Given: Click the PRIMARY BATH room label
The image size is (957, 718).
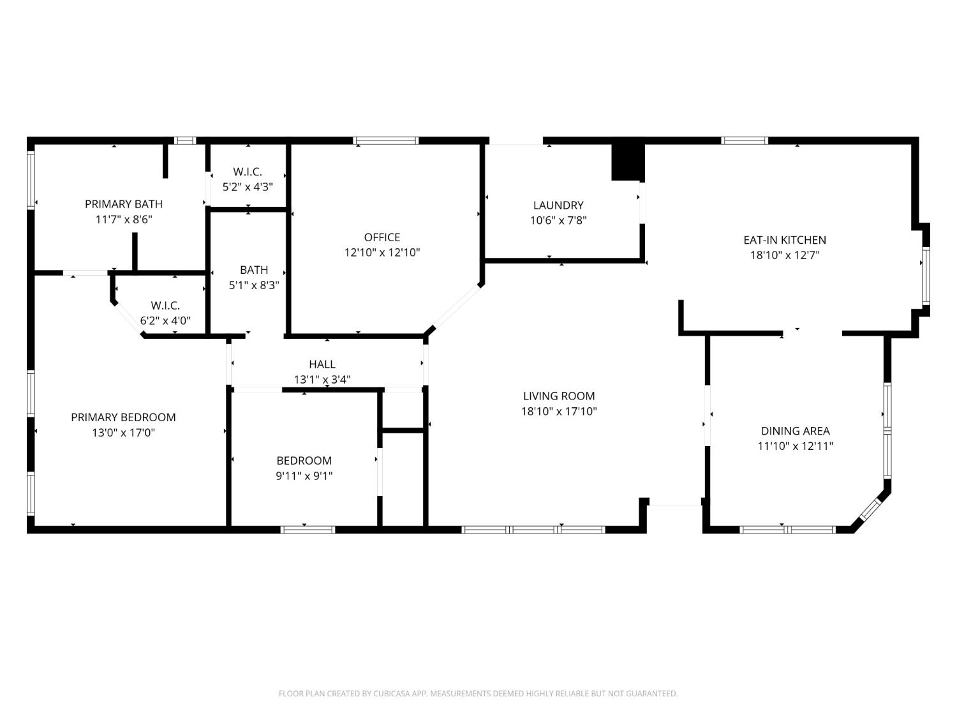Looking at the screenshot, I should tap(124, 204).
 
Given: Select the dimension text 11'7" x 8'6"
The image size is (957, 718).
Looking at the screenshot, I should tap(124, 220).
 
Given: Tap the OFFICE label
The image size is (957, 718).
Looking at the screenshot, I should tap(382, 237).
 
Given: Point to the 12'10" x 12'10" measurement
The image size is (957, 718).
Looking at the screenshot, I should tap(382, 253).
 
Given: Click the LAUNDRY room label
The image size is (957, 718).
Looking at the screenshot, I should tap(558, 206).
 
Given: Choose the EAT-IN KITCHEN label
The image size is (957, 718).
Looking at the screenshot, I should tap(785, 241).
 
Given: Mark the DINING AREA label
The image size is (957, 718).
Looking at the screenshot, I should tap(795, 431).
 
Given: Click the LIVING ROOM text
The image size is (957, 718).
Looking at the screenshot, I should tap(559, 396).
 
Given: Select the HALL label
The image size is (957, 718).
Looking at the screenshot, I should tap(322, 364).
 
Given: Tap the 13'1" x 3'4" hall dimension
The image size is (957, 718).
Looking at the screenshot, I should tap(322, 380).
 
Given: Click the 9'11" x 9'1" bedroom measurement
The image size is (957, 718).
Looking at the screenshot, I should tap(304, 476).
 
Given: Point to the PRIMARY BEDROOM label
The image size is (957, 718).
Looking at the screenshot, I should tap(123, 417).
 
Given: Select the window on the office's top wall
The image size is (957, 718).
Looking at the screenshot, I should tap(386, 140).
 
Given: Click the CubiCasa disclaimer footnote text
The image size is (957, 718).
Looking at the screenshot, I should tap(478, 694).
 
